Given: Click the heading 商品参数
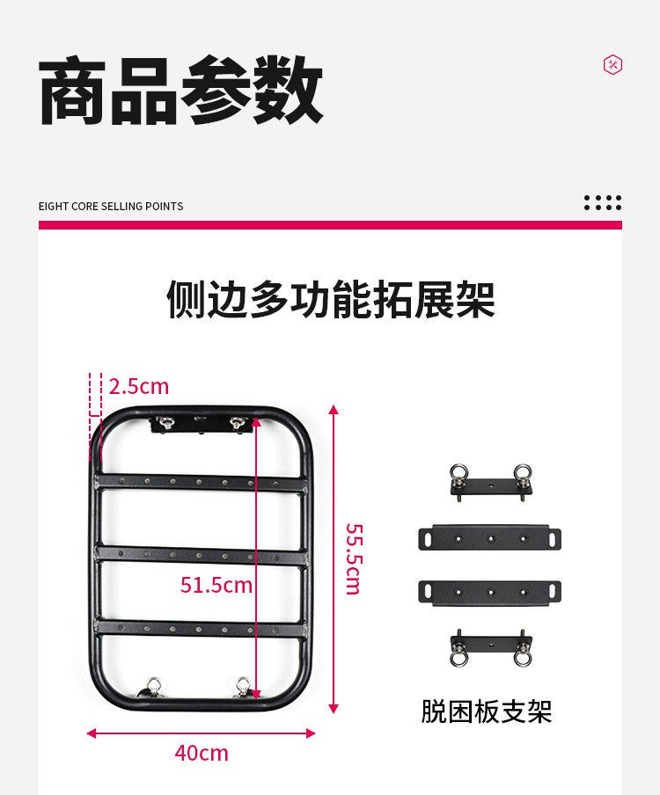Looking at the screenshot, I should (181, 91).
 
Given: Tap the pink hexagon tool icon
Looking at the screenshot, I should (612, 64).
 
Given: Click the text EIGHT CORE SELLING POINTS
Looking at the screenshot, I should (111, 206).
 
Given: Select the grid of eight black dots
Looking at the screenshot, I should (603, 202).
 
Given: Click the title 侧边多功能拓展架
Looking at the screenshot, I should (330, 300).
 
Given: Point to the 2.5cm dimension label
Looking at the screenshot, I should (139, 386).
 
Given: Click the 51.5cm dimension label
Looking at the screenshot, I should (216, 584).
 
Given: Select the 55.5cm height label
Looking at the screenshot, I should (354, 559).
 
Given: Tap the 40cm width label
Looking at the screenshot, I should (202, 753).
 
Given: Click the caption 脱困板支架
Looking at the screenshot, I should (486, 711).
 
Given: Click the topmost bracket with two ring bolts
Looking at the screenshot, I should (489, 484).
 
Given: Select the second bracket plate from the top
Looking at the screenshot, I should (489, 537).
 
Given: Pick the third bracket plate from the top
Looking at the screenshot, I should (489, 591).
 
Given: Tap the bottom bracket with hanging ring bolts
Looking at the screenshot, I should (489, 646).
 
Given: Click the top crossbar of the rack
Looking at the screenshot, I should (201, 482).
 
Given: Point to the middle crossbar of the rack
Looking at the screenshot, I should (201, 552).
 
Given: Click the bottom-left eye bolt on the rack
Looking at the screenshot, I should (153, 686).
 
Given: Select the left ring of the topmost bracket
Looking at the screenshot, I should (457, 471).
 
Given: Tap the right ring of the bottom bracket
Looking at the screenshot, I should (523, 657).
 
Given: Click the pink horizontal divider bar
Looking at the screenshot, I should (330, 225).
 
